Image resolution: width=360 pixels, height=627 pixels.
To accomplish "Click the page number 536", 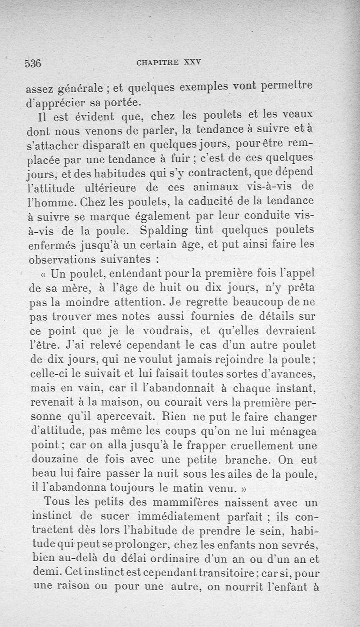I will tap(33, 63).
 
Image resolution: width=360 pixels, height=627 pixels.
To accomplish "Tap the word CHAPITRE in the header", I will tap(158, 63).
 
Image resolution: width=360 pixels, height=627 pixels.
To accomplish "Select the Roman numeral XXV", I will tap(192, 63).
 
